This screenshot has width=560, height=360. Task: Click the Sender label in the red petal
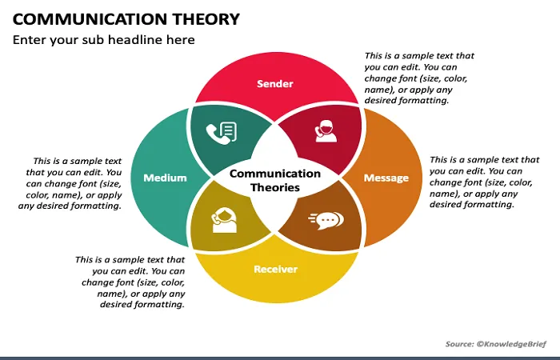(x=275, y=83)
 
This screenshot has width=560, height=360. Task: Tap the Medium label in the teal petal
(x=165, y=178)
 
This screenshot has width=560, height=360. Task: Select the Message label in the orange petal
(x=386, y=178)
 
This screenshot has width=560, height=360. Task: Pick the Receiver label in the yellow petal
(x=275, y=269)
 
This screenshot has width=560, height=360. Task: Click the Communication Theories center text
(x=275, y=180)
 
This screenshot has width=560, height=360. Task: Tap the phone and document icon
(x=222, y=133)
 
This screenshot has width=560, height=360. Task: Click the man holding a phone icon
(x=326, y=131)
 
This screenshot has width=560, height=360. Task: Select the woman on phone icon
(x=224, y=220)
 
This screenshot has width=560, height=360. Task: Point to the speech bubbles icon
(x=326, y=220)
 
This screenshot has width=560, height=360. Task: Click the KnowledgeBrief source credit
(x=511, y=344)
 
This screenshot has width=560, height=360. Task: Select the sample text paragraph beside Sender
(x=419, y=78)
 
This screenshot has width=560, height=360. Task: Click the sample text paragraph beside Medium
(x=70, y=183)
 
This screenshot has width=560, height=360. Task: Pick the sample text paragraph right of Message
(x=484, y=182)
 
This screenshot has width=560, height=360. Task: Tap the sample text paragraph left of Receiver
(x=130, y=282)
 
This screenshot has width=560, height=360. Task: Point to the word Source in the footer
(x=459, y=344)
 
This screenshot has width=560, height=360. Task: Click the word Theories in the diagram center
(x=275, y=187)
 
